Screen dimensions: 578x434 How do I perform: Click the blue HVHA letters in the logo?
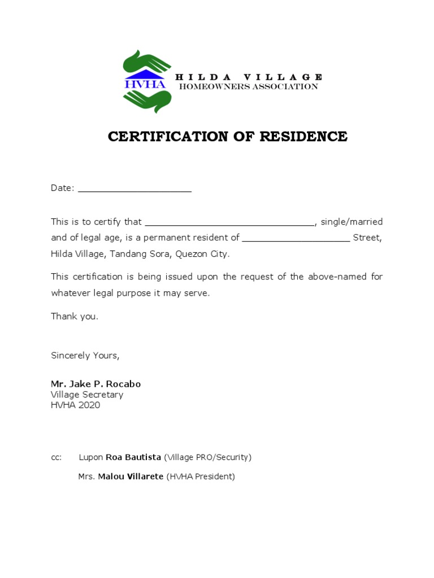[x=145, y=84]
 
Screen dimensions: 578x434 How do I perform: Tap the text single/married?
[x=351, y=222]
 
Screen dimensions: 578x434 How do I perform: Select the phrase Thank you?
[x=75, y=316]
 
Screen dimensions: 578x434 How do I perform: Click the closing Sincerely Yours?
[x=85, y=356]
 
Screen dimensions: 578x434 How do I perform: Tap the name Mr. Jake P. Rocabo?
[x=96, y=384]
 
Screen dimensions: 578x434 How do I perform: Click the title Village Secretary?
[x=87, y=395]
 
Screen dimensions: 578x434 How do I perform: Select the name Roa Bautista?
[x=133, y=457]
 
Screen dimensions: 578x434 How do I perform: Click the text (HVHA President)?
[x=201, y=476]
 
